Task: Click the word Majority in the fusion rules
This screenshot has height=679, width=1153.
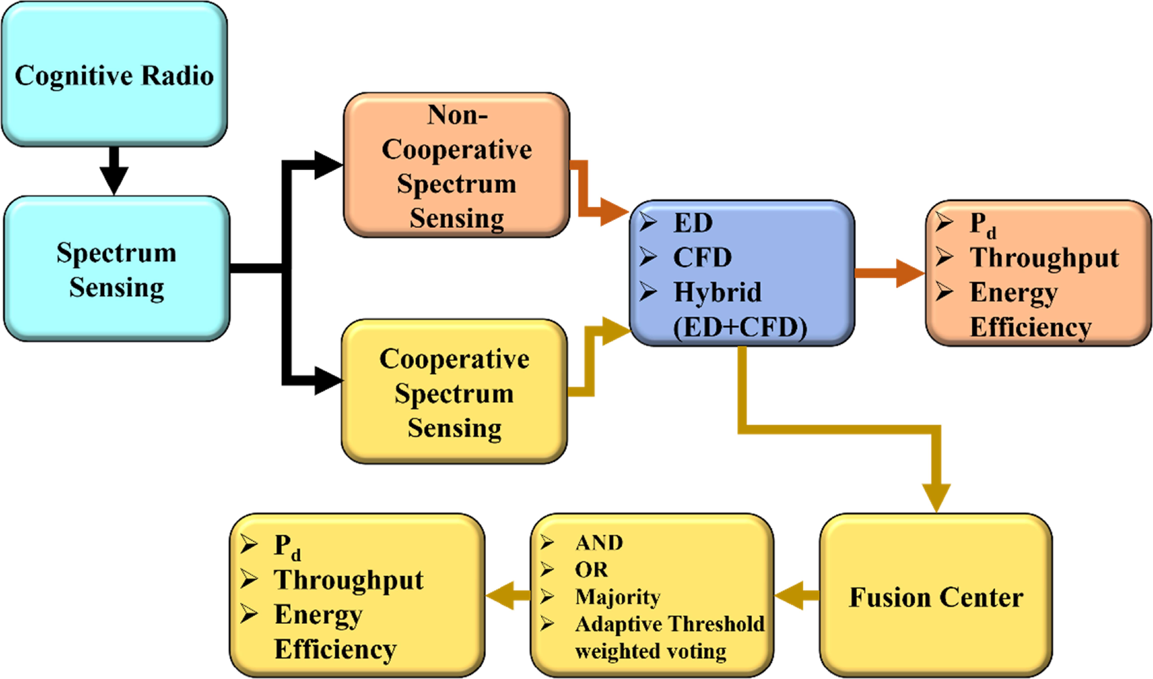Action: tap(618, 597)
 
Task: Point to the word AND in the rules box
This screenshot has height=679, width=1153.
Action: tap(599, 543)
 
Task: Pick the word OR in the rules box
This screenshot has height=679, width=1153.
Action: tap(591, 570)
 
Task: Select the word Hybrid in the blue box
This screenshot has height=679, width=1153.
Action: tap(718, 292)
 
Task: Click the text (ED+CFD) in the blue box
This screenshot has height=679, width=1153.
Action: tap(740, 328)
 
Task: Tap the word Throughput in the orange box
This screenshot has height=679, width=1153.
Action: tap(1044, 258)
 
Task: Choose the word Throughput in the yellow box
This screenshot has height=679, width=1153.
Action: tap(349, 580)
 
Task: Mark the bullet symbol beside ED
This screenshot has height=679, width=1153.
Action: tap(648, 222)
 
